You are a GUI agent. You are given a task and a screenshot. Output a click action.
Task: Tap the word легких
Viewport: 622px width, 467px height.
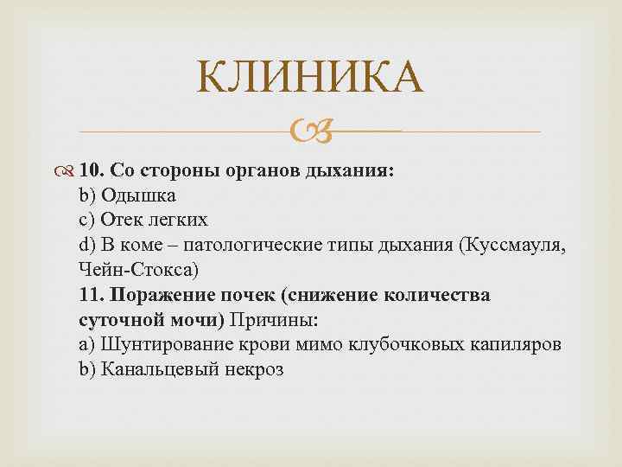178,220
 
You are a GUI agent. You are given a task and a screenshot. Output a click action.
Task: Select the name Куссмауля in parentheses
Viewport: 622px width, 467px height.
517,245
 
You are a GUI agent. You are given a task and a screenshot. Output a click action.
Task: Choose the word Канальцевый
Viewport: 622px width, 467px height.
154,369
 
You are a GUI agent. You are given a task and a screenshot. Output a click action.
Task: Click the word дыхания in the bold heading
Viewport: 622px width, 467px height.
351,170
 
